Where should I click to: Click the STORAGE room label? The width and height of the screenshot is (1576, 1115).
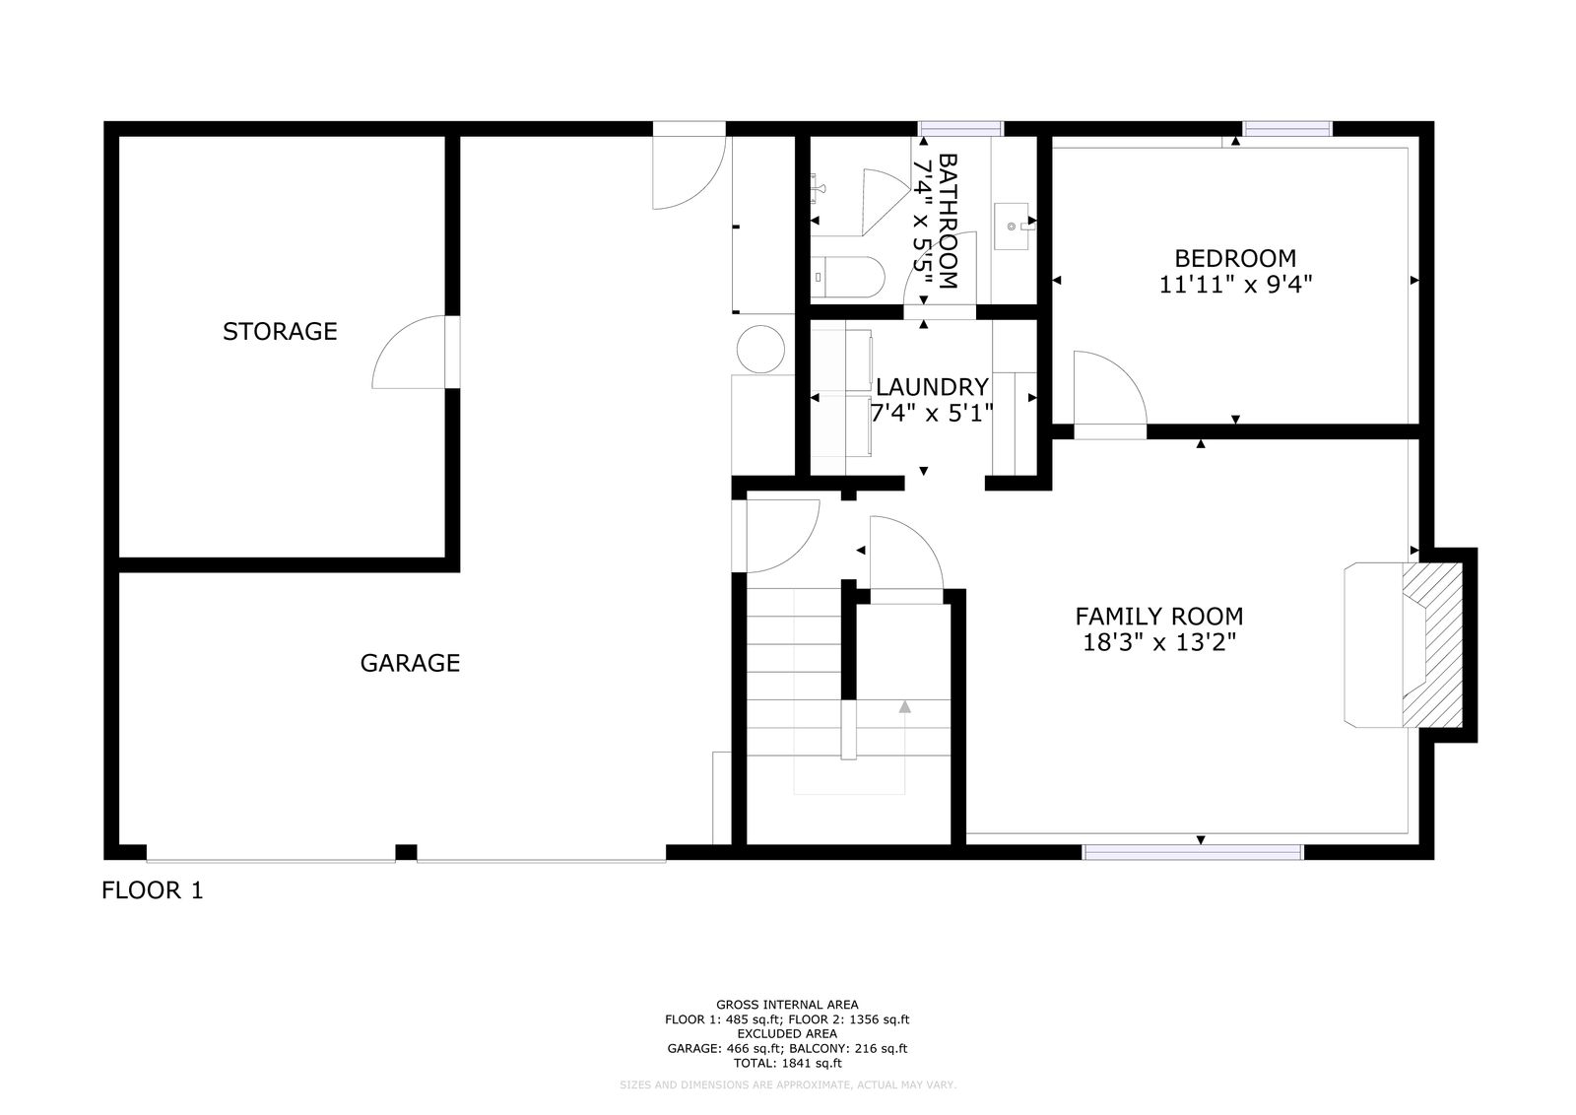tap(280, 331)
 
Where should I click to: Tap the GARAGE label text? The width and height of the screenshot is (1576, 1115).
tap(410, 663)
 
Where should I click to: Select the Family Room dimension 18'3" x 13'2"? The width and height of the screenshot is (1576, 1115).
tap(1158, 642)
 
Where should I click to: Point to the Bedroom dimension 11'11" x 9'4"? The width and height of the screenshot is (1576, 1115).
tap(1235, 285)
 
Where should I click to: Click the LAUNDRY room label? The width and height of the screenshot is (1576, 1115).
tap(932, 387)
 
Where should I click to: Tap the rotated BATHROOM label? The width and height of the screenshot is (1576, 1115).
tap(949, 222)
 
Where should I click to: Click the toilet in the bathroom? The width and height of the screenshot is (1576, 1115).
tap(847, 277)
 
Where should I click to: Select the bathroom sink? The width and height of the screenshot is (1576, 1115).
tap(1011, 226)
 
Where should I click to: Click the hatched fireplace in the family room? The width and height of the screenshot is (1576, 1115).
tap(1432, 644)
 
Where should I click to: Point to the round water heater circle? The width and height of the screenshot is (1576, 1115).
tap(760, 349)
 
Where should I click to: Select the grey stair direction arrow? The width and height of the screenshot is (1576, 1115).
tap(905, 706)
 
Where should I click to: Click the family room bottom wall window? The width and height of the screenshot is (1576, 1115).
tap(1193, 852)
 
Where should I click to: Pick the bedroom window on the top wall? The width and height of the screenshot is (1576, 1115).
tap(1287, 129)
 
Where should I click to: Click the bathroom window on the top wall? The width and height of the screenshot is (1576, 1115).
tap(961, 129)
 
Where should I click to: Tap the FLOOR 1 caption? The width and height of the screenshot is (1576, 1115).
tap(153, 890)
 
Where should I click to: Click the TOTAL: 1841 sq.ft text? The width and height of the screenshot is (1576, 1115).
tap(787, 1063)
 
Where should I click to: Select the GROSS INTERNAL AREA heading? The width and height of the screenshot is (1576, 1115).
tap(787, 1005)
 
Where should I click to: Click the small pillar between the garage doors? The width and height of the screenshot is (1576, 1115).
tap(406, 852)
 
